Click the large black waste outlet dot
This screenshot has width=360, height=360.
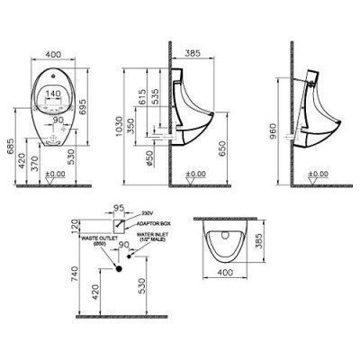[117, 266]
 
